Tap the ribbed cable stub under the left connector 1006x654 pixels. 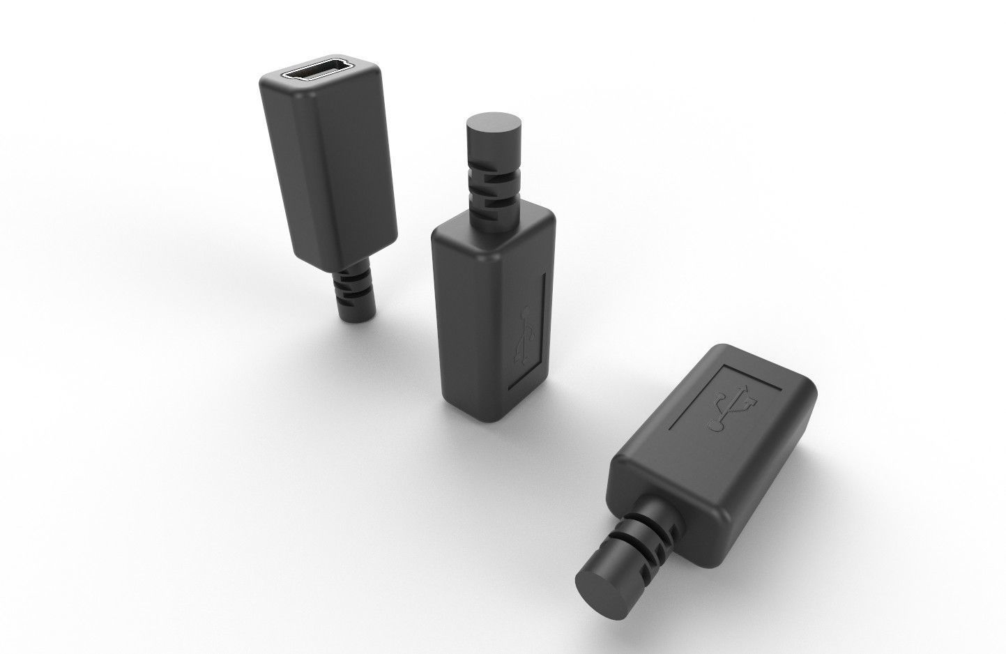point(352,293)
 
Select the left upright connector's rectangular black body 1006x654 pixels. point(328,174)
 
